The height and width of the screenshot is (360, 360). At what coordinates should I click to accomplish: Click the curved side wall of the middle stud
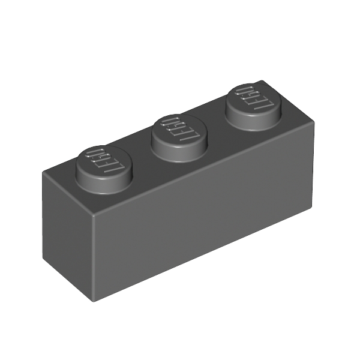pos(179,152)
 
